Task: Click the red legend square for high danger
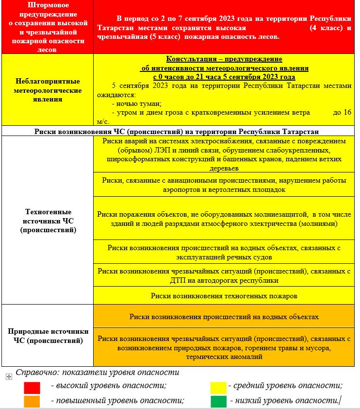pyautogui.click(x=32, y=388)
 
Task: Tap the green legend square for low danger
pyautogui.click(x=218, y=401)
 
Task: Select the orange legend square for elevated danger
pyautogui.click(x=32, y=401)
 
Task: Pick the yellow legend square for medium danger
pyautogui.click(x=218, y=388)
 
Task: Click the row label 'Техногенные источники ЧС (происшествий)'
pyautogui.click(x=48, y=221)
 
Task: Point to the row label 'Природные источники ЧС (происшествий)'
pyautogui.click(x=48, y=336)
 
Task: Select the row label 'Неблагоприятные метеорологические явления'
pyautogui.click(x=48, y=90)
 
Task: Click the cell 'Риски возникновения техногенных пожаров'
pyautogui.click(x=224, y=295)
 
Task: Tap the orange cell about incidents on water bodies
pyautogui.click(x=224, y=317)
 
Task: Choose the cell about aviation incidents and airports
pyautogui.click(x=224, y=185)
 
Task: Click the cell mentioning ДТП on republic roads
pyautogui.click(x=224, y=275)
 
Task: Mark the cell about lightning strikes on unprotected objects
pyautogui.click(x=224, y=219)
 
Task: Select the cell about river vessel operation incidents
pyautogui.click(x=224, y=252)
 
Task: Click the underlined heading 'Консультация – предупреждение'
pyautogui.click(x=224, y=59)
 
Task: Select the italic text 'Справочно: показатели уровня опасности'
pyautogui.click(x=98, y=373)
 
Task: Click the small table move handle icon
pyautogui.click(x=9, y=376)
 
